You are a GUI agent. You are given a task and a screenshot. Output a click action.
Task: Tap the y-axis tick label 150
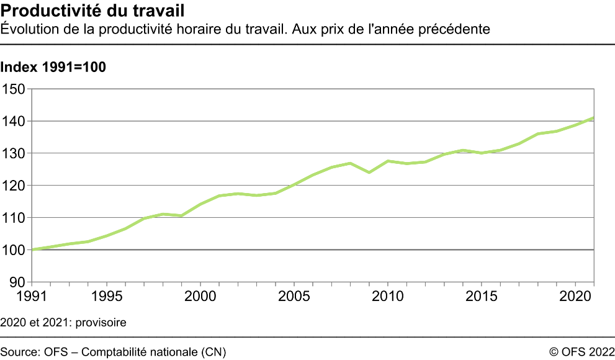click(14, 89)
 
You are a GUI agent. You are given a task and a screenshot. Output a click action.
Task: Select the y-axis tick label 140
click(14, 121)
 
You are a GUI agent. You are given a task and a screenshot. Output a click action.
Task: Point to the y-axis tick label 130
click(14, 153)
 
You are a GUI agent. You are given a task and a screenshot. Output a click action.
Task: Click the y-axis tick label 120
click(14, 186)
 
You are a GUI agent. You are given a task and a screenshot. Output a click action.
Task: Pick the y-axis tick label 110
click(14, 218)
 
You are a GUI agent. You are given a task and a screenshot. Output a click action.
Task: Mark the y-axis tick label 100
click(14, 250)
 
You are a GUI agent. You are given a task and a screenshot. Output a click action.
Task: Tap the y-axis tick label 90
click(17, 282)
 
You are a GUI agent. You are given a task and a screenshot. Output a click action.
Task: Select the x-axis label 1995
click(106, 295)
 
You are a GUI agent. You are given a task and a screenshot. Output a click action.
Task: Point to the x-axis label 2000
click(200, 295)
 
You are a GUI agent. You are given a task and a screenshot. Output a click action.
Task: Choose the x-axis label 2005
click(294, 295)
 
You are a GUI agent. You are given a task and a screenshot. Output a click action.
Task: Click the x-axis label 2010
click(388, 295)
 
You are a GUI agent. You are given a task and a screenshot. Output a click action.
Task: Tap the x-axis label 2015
click(482, 295)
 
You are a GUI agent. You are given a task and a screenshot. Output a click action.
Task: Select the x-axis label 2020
click(575, 295)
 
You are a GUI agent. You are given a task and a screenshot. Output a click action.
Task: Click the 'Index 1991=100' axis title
click(53, 68)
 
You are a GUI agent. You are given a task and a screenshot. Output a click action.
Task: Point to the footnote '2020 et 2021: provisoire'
click(63, 323)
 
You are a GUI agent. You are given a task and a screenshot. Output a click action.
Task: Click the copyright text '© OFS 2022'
click(581, 352)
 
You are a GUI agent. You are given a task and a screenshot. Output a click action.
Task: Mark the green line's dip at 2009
click(369, 172)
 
